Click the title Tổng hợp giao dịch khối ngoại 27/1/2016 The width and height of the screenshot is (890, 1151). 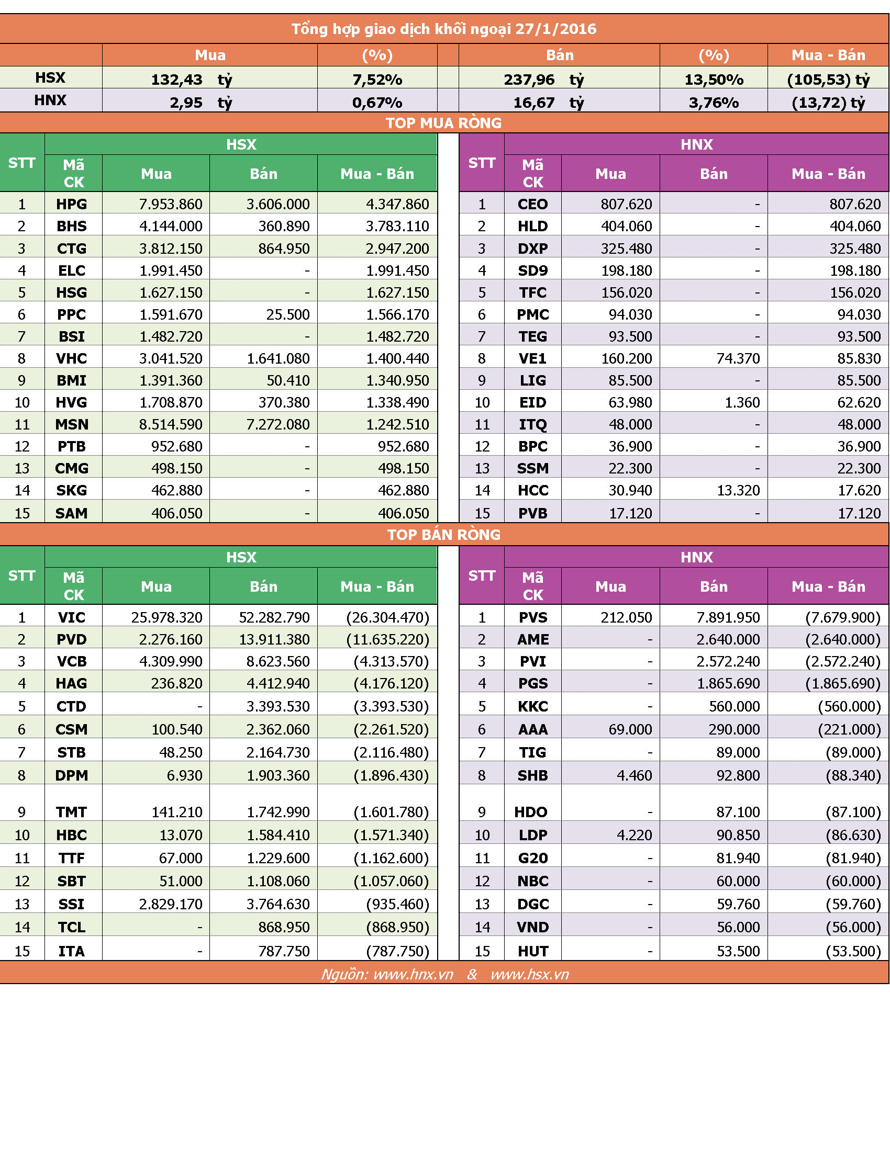(x=444, y=28)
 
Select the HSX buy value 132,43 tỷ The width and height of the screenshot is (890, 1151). (x=192, y=80)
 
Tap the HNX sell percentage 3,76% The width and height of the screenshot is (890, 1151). (x=714, y=102)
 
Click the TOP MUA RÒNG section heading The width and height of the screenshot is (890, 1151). (x=444, y=123)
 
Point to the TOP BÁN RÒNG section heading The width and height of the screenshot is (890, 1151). (x=444, y=534)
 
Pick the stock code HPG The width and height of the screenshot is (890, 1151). (x=72, y=204)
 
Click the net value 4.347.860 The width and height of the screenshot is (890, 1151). (x=397, y=204)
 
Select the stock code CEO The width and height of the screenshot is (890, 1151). (x=532, y=204)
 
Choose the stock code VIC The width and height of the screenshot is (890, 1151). (x=72, y=617)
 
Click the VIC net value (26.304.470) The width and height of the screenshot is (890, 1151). (x=388, y=617)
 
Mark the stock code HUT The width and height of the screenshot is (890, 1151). (x=533, y=951)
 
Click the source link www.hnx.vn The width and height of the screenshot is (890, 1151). (x=414, y=975)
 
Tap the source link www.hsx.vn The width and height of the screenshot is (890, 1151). (x=529, y=975)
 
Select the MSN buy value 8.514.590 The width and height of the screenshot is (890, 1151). (x=171, y=424)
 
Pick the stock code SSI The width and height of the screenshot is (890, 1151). (x=72, y=905)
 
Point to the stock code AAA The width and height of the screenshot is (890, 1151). (x=533, y=729)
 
